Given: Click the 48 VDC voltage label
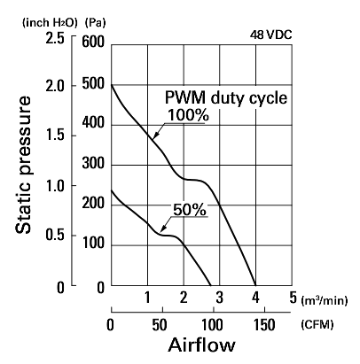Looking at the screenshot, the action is (270, 35).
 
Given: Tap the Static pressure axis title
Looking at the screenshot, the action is (23, 165).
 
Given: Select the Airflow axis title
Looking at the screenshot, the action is (202, 345).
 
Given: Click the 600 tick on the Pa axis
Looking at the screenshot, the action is (93, 42).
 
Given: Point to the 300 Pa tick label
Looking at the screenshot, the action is (93, 163).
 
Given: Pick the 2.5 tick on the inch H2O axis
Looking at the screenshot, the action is (55, 39).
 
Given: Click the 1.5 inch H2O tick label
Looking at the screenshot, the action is (55, 136).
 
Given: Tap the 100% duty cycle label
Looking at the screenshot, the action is (188, 115).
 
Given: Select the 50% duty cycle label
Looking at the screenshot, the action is (190, 210).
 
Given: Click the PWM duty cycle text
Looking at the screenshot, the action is (226, 97).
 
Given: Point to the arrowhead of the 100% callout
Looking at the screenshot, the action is (154, 137).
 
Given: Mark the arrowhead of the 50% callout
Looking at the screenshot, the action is (161, 230).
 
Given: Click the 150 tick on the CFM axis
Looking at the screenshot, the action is (264, 325).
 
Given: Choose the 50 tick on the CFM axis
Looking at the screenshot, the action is (160, 325).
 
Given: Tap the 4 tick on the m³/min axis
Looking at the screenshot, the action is (255, 298).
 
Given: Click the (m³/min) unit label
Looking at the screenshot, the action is (324, 301).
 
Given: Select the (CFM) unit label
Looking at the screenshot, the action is (317, 325).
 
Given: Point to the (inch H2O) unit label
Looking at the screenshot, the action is (50, 23).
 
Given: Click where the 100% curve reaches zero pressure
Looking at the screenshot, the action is (255, 285).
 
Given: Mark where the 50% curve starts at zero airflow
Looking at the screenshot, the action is (111, 190).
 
